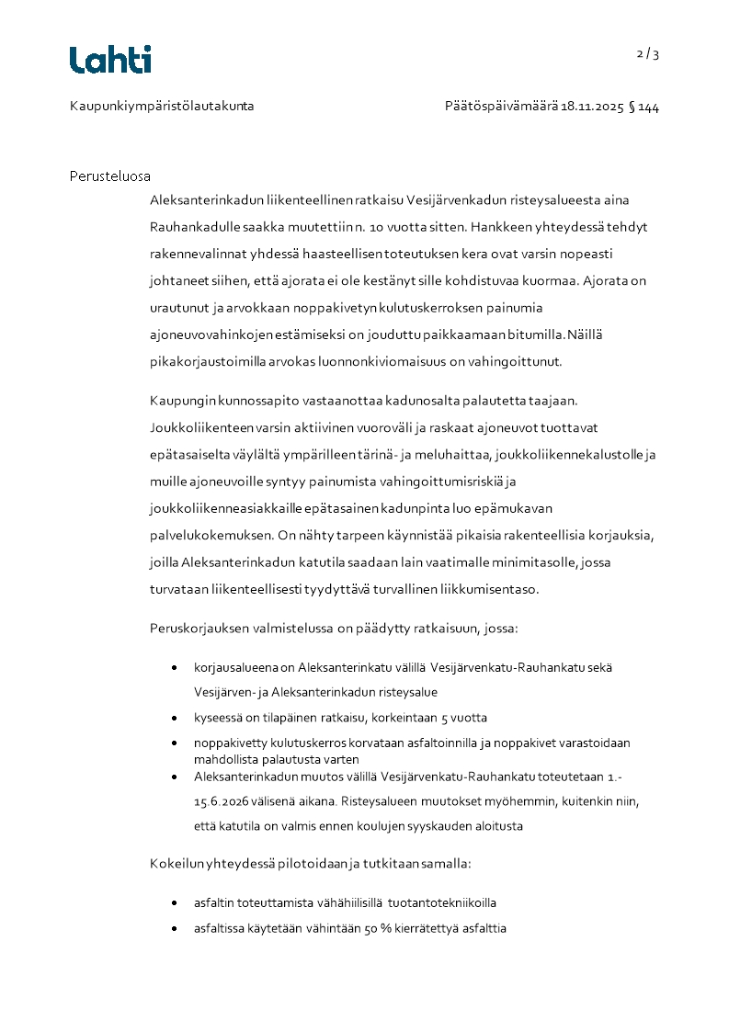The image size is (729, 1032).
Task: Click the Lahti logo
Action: coord(110,60)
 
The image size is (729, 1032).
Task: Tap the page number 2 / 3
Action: coord(648,53)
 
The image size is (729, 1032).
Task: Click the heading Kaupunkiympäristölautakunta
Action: coord(162,107)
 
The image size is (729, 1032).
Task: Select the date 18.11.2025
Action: coord(592,107)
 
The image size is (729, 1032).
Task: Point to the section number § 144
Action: coord(644,107)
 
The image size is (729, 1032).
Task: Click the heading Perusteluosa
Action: coord(110,176)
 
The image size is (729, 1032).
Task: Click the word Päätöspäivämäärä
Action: coord(501,107)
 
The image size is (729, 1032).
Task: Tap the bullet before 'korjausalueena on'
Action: coord(176,668)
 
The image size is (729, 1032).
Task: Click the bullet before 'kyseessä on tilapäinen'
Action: coord(176,718)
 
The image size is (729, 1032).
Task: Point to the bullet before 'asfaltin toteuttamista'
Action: coord(176,904)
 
